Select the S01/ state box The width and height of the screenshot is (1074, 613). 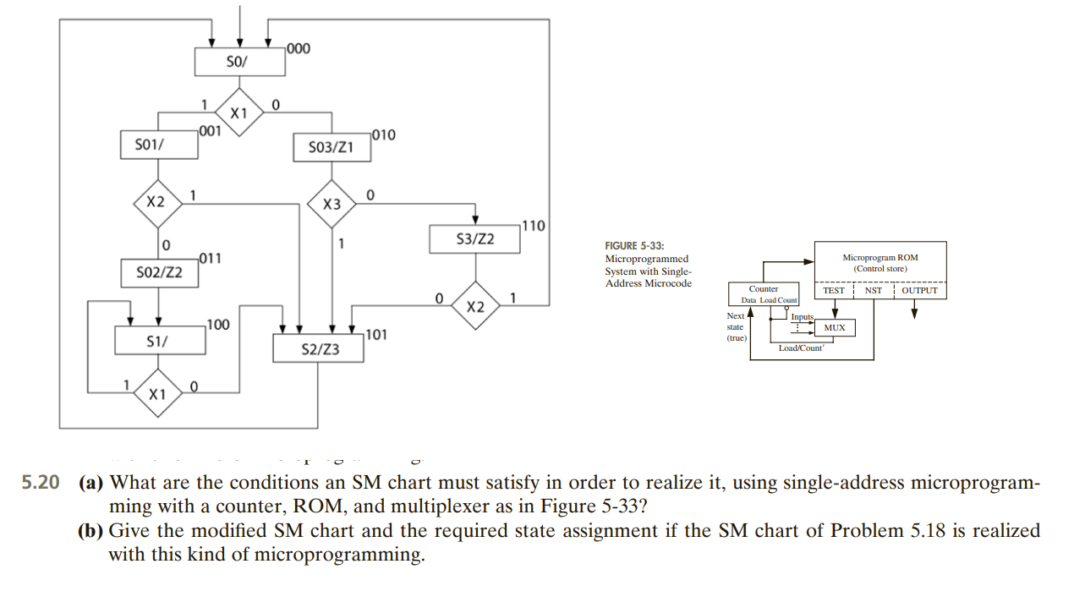tap(159, 145)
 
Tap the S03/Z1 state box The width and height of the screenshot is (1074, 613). tap(331, 147)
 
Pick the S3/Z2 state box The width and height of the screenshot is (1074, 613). tap(474, 239)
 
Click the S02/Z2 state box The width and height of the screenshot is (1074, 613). tap(161, 273)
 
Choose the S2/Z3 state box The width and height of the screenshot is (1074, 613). tap(319, 348)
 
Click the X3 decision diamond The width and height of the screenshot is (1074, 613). tap(332, 204)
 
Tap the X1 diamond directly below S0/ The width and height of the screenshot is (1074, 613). tap(240, 112)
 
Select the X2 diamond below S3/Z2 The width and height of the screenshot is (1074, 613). tap(475, 306)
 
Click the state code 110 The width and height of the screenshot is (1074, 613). tap(534, 226)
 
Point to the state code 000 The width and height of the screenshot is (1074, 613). tap(299, 48)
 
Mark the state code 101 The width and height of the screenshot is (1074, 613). tap(376, 334)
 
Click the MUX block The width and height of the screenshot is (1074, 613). tap(834, 327)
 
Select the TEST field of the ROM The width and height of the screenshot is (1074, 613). tap(834, 290)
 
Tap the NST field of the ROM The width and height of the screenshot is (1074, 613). tap(873, 290)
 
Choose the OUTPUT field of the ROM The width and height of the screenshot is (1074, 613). tap(919, 290)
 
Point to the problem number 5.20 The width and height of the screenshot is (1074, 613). tap(41, 483)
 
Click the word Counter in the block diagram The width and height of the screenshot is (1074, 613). tap(764, 289)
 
